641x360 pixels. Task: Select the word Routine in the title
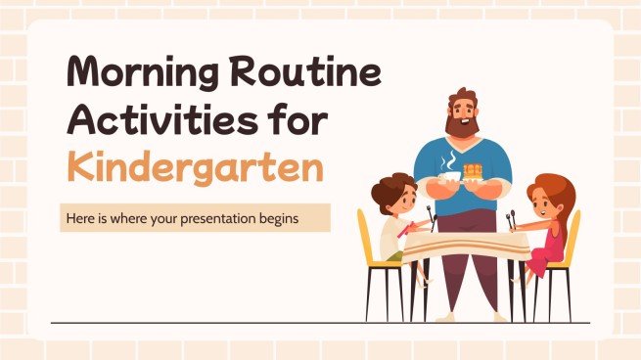coord(311,74)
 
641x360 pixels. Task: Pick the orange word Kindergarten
coord(195,167)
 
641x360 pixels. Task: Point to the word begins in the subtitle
coord(299,219)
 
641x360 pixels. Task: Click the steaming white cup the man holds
coord(448,176)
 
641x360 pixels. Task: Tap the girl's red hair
coord(547,188)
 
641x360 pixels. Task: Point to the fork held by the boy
coord(427,214)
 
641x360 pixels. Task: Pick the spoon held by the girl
coord(510,216)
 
